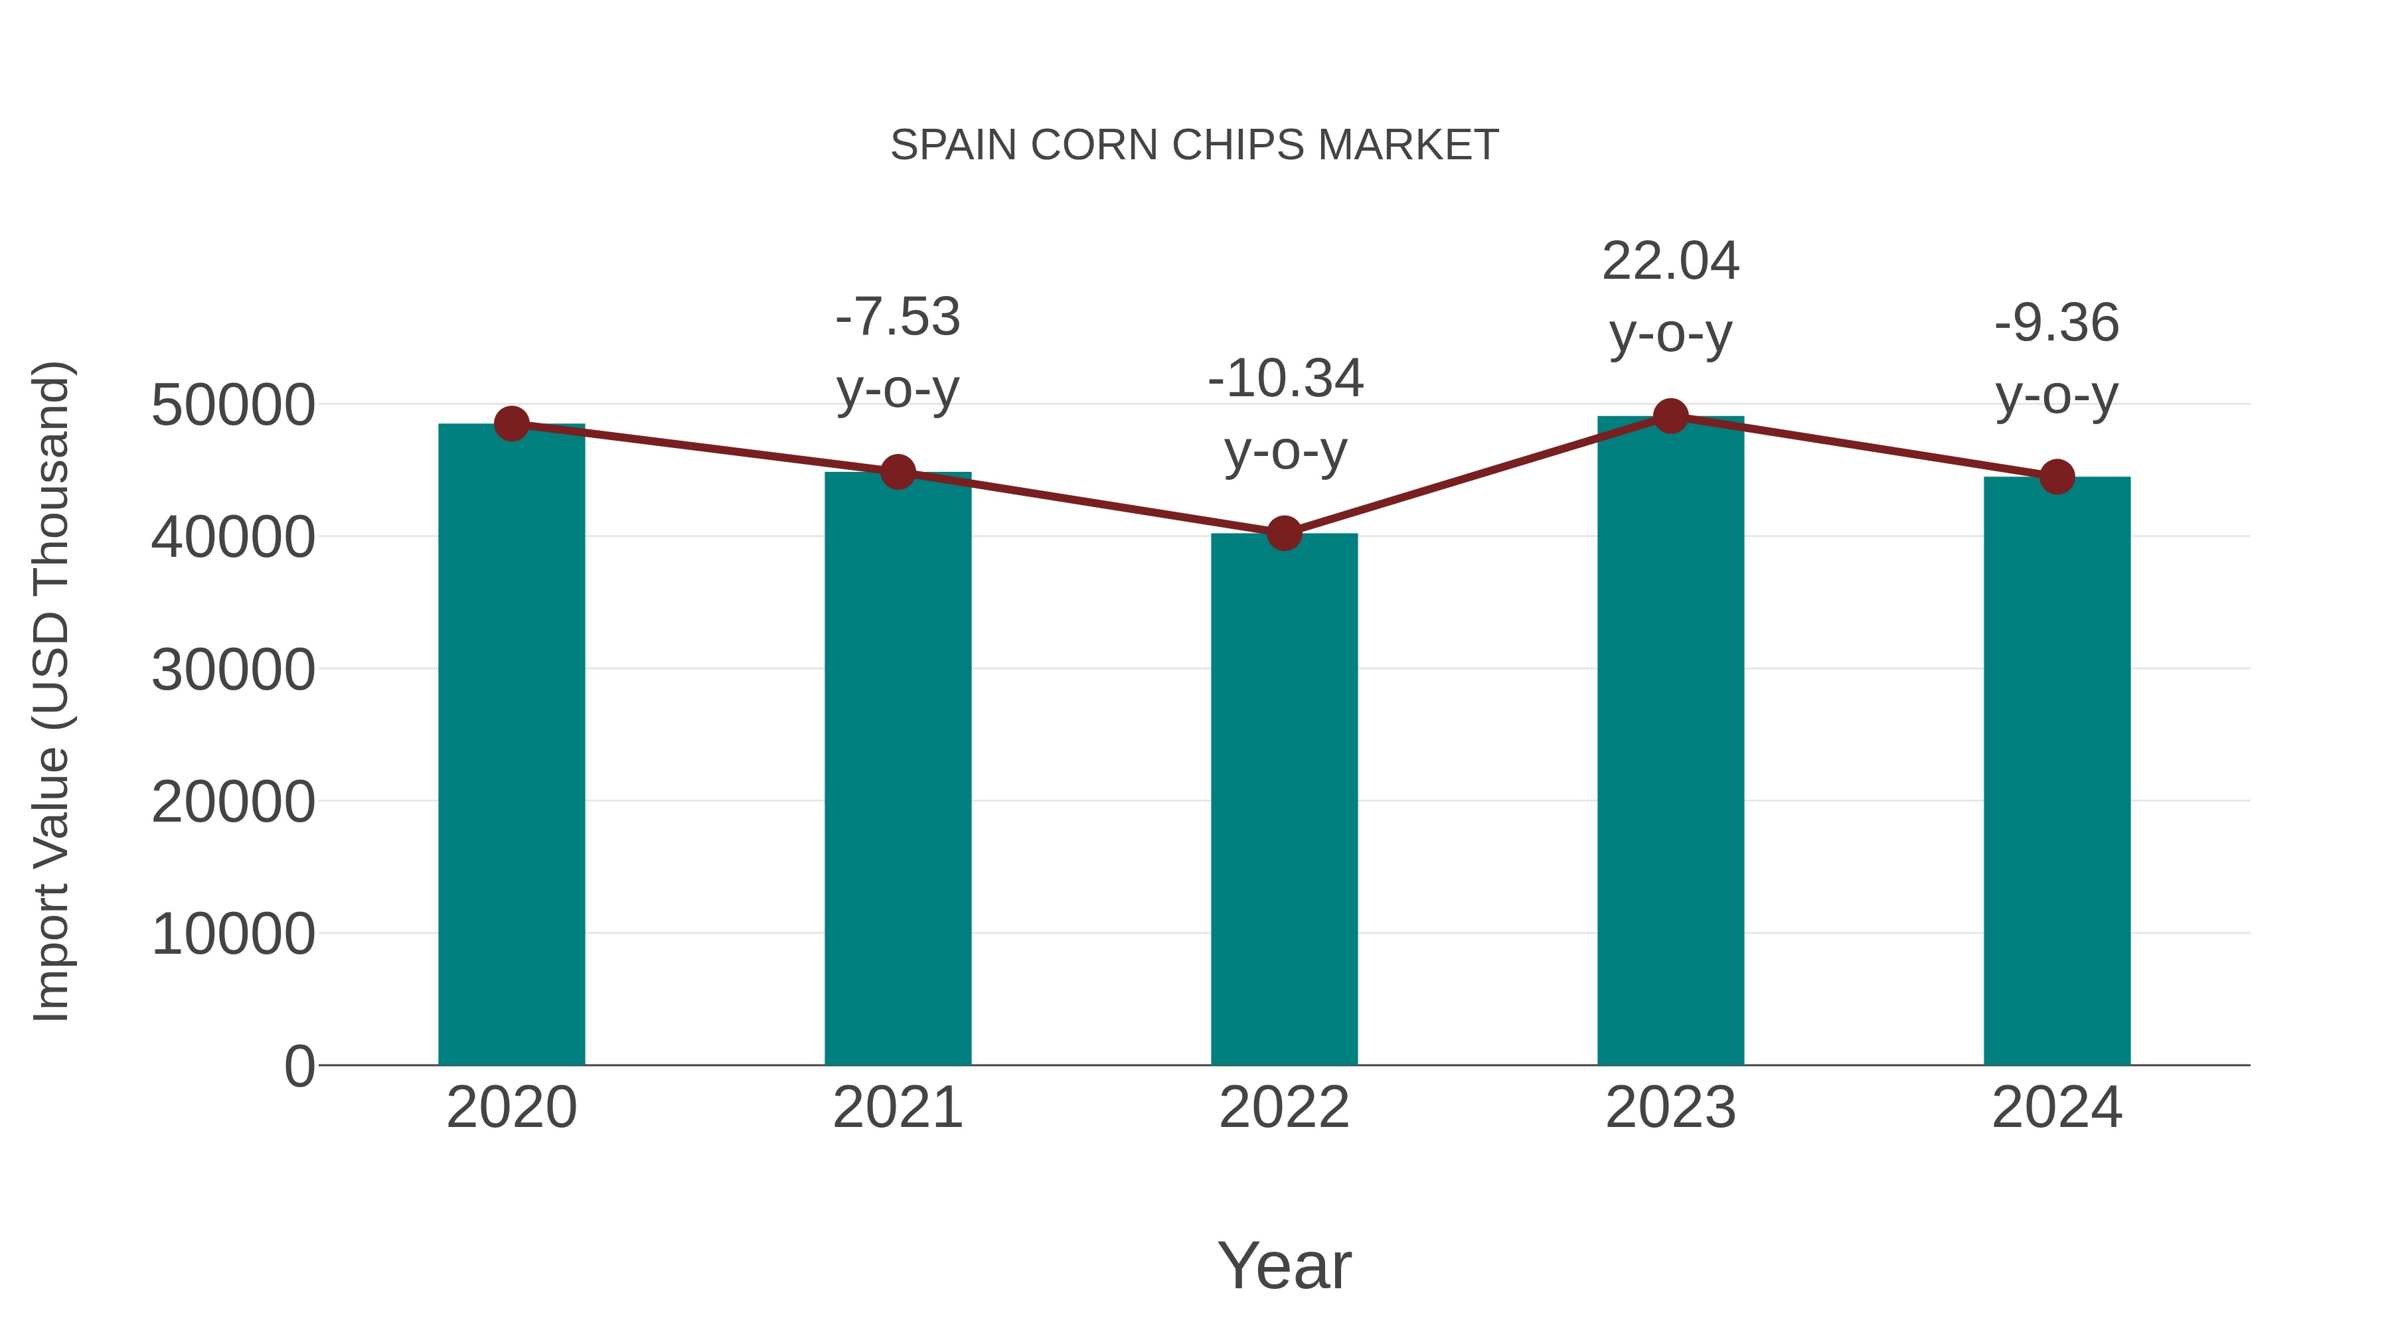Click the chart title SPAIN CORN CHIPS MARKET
pyautogui.click(x=1194, y=145)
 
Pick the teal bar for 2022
pyautogui.click(x=1284, y=798)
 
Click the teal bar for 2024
pyautogui.click(x=2057, y=770)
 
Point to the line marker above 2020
pyautogui.click(x=511, y=424)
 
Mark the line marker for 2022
pyautogui.click(x=1284, y=534)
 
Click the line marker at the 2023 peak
pyautogui.click(x=1670, y=416)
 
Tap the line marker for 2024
pyautogui.click(x=2057, y=477)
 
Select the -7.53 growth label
pyautogui.click(x=897, y=317)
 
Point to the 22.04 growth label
pyautogui.click(x=1670, y=261)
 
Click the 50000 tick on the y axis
pyautogui.click(x=233, y=406)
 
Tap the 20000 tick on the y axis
pyautogui.click(x=233, y=801)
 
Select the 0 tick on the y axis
pyautogui.click(x=299, y=1066)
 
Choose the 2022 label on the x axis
pyautogui.click(x=1284, y=1108)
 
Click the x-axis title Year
pyautogui.click(x=1284, y=1265)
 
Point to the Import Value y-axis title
pyautogui.click(x=51, y=691)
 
